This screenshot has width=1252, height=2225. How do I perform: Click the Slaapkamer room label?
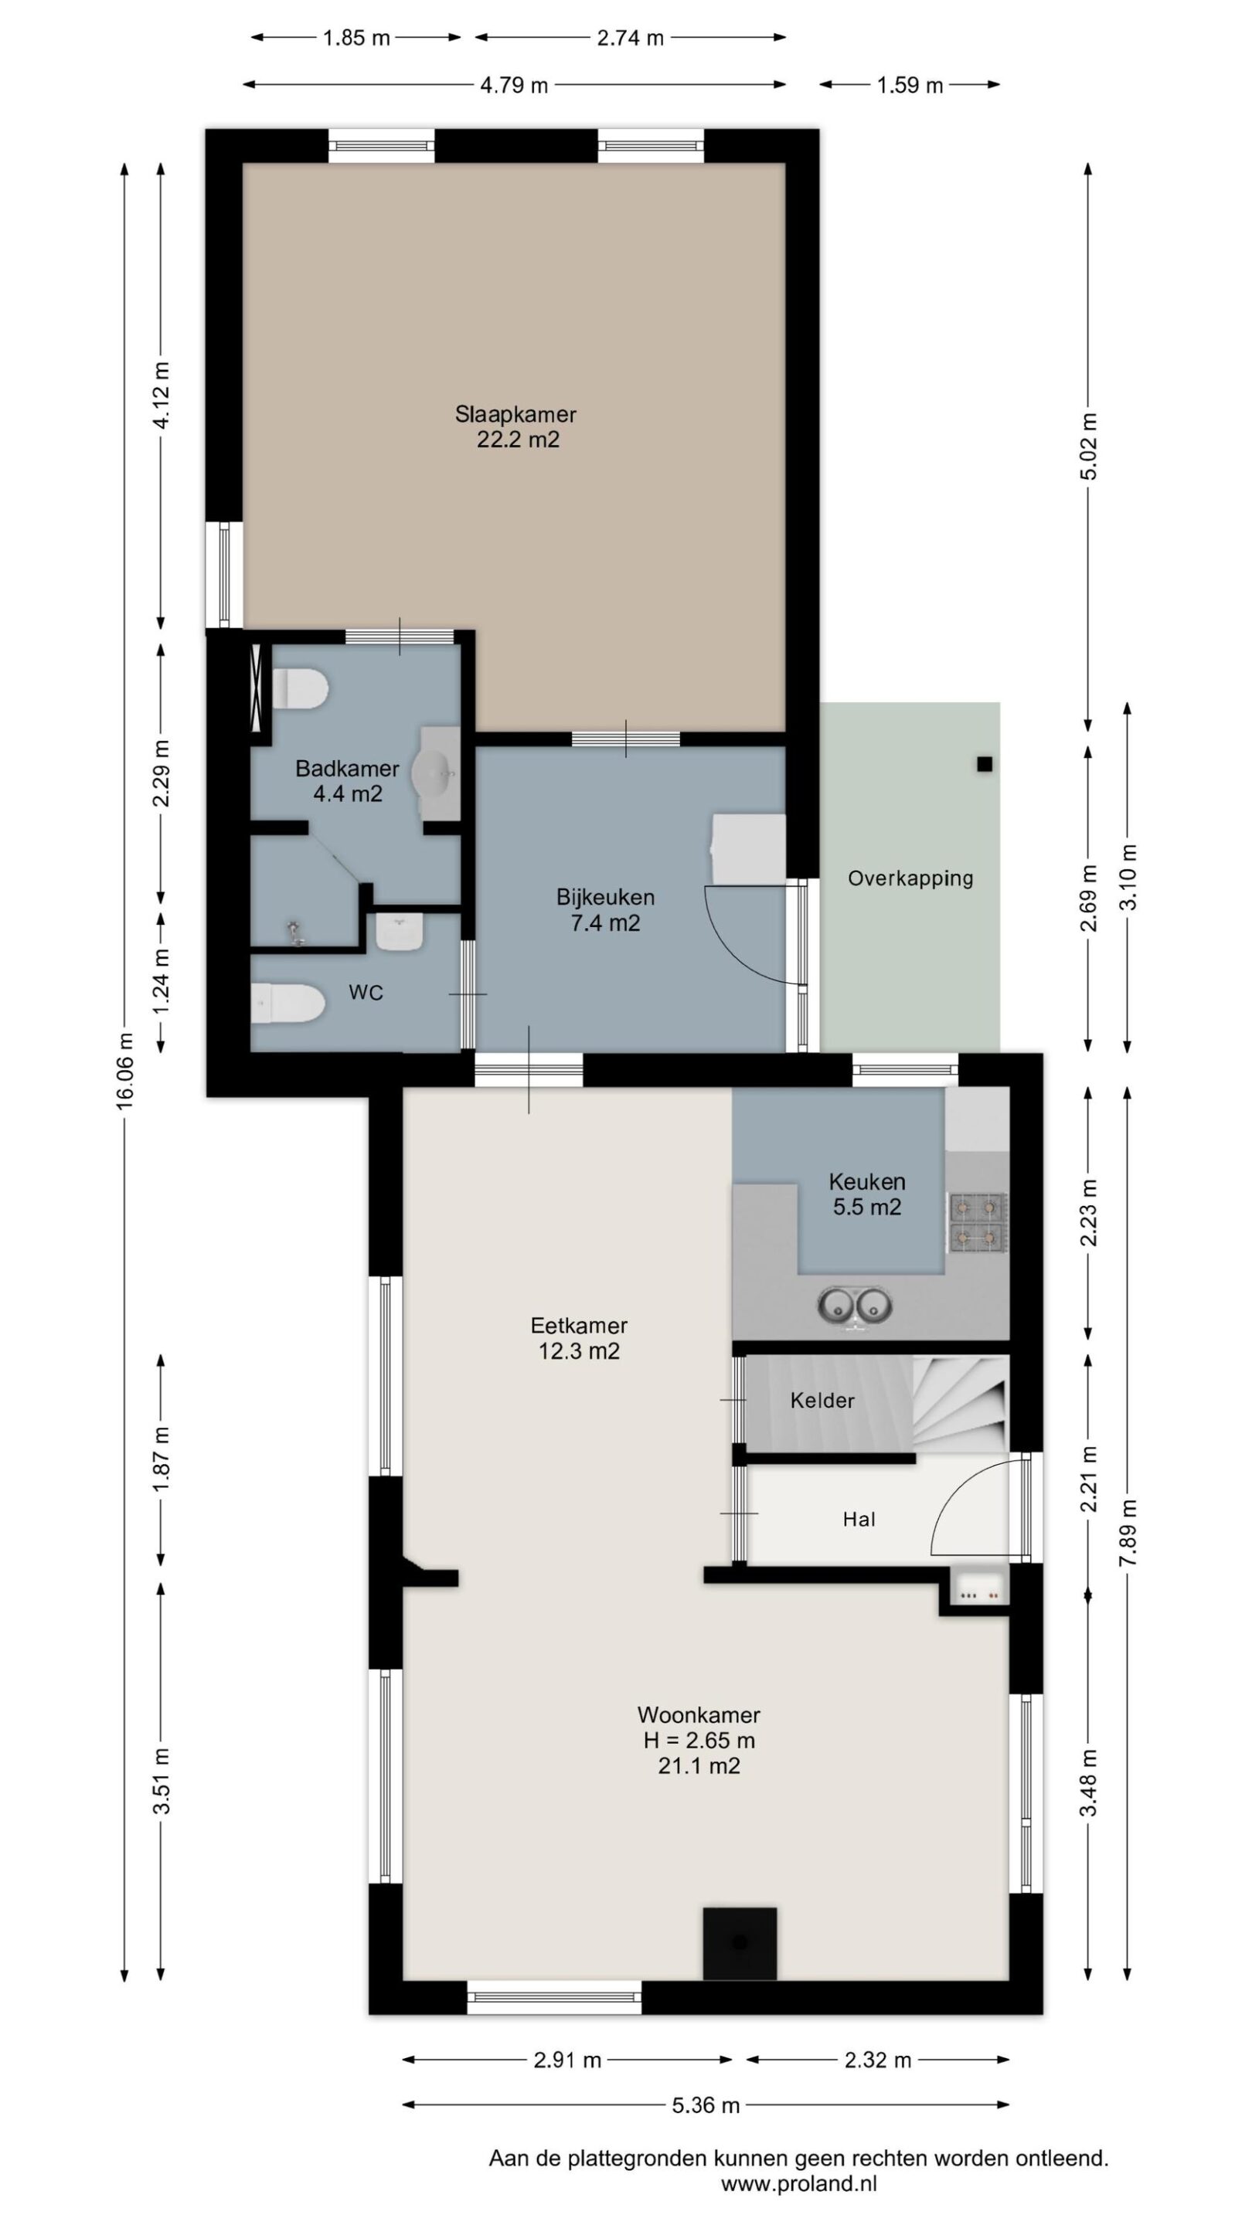point(515,414)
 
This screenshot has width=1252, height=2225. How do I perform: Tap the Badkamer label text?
point(347,768)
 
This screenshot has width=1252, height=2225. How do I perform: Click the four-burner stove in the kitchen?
point(978,1222)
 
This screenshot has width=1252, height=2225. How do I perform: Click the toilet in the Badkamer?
point(300,689)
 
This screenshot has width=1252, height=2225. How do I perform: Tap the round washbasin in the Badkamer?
point(432,773)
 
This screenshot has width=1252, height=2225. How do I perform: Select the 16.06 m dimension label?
point(126,1070)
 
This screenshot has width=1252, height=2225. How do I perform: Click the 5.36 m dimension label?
point(706,2105)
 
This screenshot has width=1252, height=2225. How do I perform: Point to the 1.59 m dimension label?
point(909,85)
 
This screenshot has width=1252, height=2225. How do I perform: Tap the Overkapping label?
point(910,878)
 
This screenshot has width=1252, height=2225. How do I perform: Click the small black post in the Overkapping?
point(984,763)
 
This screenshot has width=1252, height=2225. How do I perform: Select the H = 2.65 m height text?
point(699,1740)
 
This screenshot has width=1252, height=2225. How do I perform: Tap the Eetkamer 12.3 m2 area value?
point(579,1350)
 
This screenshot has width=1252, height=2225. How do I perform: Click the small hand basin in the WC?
point(400,932)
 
